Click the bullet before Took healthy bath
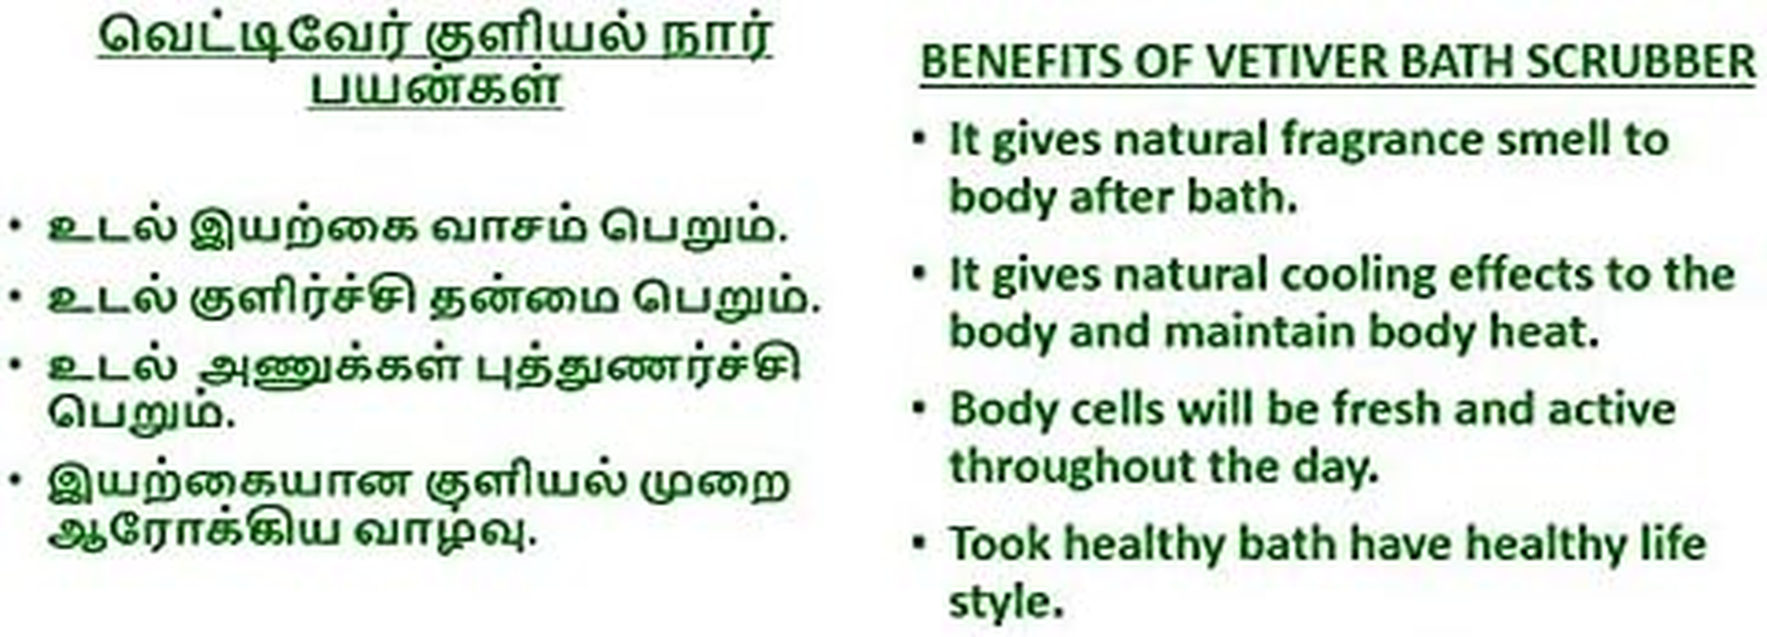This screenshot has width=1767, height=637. (920, 545)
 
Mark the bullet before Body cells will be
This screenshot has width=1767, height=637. (920, 409)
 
